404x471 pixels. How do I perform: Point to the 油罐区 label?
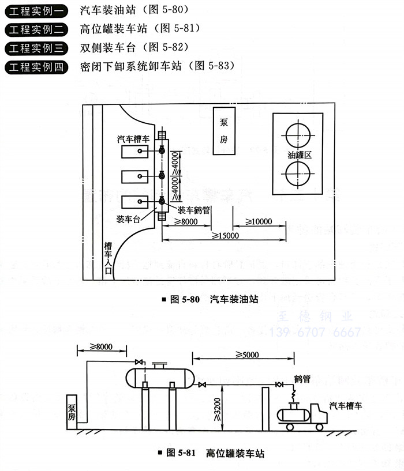[300, 156]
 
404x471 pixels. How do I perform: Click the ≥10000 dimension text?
[258, 221]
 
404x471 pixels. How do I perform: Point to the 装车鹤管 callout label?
[193, 210]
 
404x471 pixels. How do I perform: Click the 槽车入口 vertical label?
[108, 259]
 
